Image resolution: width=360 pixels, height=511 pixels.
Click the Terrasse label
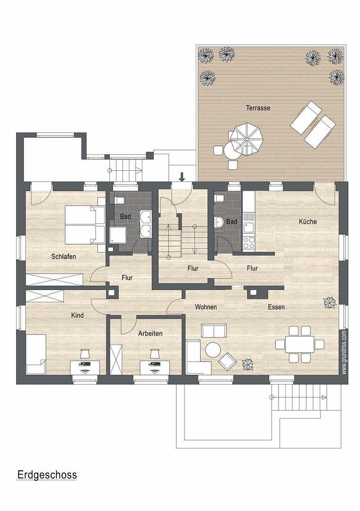(x=258, y=108)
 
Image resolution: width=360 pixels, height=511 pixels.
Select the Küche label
(x=307, y=221)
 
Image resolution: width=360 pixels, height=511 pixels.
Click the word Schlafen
(x=64, y=256)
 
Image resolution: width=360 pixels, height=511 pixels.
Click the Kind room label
(x=77, y=315)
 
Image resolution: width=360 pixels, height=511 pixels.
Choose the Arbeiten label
(x=150, y=334)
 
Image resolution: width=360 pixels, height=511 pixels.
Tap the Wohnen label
(x=206, y=307)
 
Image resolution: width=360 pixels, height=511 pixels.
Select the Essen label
(x=276, y=307)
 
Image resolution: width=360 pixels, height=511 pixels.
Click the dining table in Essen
(x=299, y=344)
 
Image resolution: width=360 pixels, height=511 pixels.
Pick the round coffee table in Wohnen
(x=212, y=350)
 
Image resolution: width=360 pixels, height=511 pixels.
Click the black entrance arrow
(x=182, y=177)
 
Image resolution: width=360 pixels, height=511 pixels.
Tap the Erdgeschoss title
(x=47, y=475)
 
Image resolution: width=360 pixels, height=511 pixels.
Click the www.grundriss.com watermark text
(x=344, y=352)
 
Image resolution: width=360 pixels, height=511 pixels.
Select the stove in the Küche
(x=248, y=242)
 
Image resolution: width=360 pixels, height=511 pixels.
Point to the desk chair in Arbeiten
(x=154, y=354)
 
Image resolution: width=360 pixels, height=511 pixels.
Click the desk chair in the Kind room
(x=85, y=354)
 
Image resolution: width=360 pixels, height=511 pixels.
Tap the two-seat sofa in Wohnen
(x=213, y=331)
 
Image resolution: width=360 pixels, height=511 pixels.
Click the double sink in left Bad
(x=145, y=224)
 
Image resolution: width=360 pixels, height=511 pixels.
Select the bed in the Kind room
(x=35, y=354)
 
